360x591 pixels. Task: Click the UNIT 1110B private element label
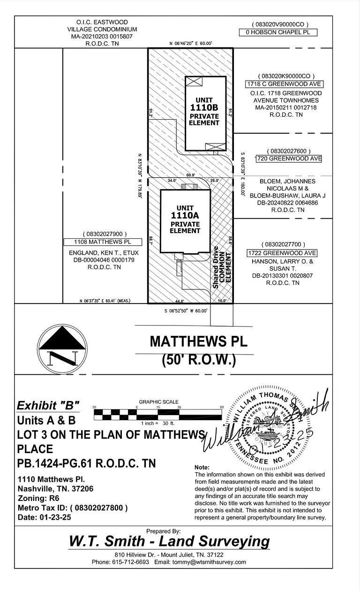coord(204,112)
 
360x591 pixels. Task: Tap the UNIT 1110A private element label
coord(185,220)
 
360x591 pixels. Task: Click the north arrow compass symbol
coord(62,347)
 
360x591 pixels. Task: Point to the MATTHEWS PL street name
coord(198,341)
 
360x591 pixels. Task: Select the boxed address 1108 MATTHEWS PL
coord(102,242)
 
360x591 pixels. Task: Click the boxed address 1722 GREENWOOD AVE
coord(282,253)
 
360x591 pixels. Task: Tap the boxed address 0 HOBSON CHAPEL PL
coord(278,32)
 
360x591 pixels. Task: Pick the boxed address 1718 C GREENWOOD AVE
coord(285,84)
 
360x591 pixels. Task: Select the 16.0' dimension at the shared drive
coord(222,301)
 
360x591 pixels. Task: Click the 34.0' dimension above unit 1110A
coord(172,181)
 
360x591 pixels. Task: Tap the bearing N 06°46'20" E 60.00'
coord(191,44)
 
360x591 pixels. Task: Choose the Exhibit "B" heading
coord(48,405)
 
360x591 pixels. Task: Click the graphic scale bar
coord(158,414)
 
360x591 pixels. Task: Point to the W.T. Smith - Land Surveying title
coord(169,541)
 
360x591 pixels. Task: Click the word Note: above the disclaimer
coord(202,468)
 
